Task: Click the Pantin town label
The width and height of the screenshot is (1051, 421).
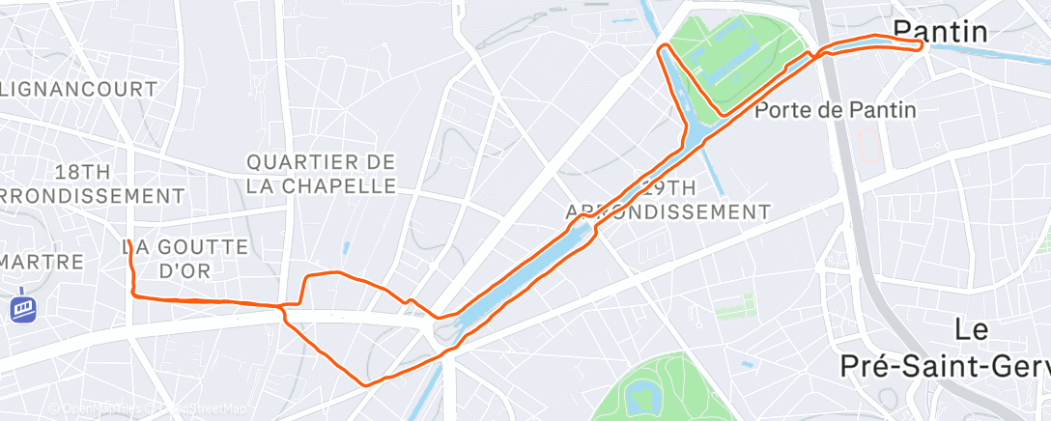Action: [939, 32]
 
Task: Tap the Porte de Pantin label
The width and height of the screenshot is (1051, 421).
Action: [835, 110]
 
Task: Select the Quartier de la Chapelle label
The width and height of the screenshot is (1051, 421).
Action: [322, 174]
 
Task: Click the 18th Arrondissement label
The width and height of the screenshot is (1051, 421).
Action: [93, 183]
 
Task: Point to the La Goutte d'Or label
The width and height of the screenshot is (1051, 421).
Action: [185, 259]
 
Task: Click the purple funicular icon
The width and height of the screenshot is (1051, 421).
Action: [22, 308]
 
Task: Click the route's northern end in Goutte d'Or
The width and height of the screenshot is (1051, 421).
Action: [128, 241]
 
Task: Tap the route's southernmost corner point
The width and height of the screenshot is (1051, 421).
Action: [365, 385]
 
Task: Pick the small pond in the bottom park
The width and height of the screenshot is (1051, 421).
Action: [639, 395]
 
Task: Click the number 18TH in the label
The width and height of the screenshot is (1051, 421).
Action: [82, 172]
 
